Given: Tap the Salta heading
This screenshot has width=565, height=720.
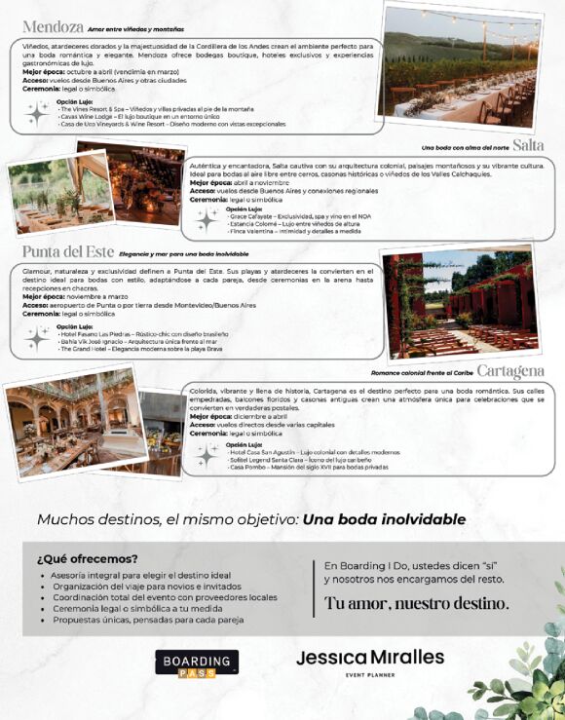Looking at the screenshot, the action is [x=527, y=145].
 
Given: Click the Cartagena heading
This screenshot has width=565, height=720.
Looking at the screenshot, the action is [x=510, y=371].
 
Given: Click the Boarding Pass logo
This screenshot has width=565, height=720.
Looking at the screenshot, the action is [x=197, y=663].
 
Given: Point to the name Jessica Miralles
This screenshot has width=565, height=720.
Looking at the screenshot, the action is [x=369, y=658].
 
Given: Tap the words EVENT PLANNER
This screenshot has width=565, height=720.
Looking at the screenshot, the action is [x=369, y=674].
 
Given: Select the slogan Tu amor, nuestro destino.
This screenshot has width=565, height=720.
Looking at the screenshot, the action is [x=416, y=603].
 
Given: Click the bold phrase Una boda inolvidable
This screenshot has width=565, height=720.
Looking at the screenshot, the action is [x=384, y=519].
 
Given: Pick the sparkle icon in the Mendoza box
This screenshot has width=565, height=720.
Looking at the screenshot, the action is [x=38, y=113].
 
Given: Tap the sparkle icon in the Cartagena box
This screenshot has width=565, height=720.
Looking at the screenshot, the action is [x=207, y=455].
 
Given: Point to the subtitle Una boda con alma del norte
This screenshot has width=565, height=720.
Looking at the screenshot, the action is [x=465, y=148].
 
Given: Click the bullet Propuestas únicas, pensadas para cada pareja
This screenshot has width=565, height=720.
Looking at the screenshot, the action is [x=148, y=620].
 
